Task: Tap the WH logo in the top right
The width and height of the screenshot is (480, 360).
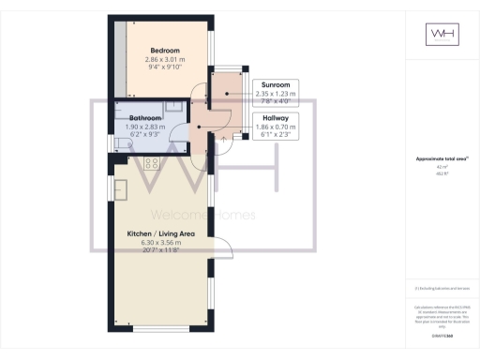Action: tap(442, 35)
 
